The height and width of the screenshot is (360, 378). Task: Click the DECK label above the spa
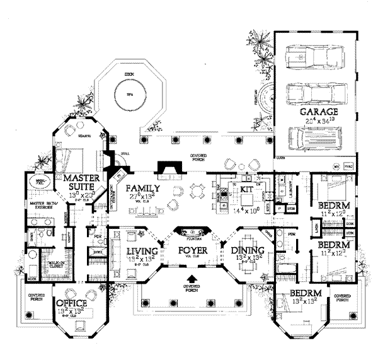129,75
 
